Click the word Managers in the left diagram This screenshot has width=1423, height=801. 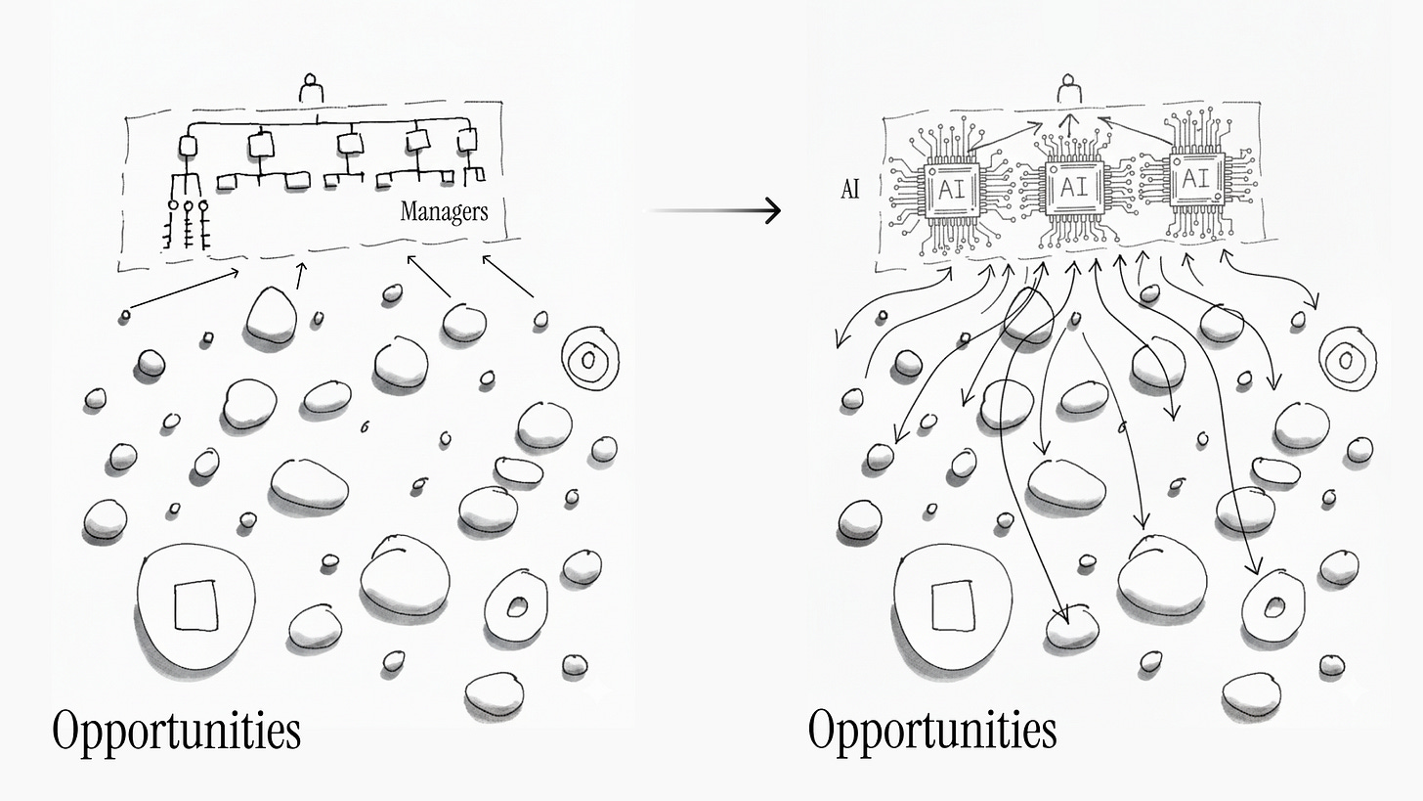444,211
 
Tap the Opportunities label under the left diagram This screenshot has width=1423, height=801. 176,731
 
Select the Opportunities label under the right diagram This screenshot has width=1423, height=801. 932,731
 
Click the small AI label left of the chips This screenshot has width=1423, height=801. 850,190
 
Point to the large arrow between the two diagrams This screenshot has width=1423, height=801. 715,210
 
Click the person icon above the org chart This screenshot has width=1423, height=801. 312,89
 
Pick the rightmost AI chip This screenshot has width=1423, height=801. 1194,179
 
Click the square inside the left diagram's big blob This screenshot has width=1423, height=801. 194,604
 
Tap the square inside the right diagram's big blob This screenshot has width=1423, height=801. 952,604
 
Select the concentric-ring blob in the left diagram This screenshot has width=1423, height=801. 587,360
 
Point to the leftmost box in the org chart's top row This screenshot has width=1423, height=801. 189,147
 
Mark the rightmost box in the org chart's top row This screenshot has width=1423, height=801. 467,139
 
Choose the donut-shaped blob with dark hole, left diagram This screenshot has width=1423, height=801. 515,607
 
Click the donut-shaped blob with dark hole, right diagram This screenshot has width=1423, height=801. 1273,607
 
